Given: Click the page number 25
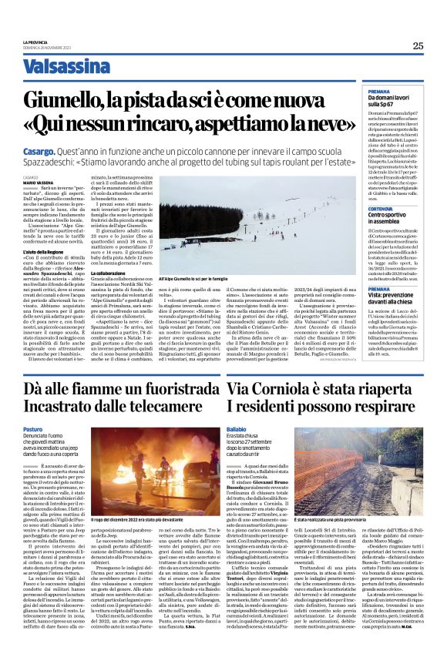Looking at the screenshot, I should [x=418, y=45].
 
